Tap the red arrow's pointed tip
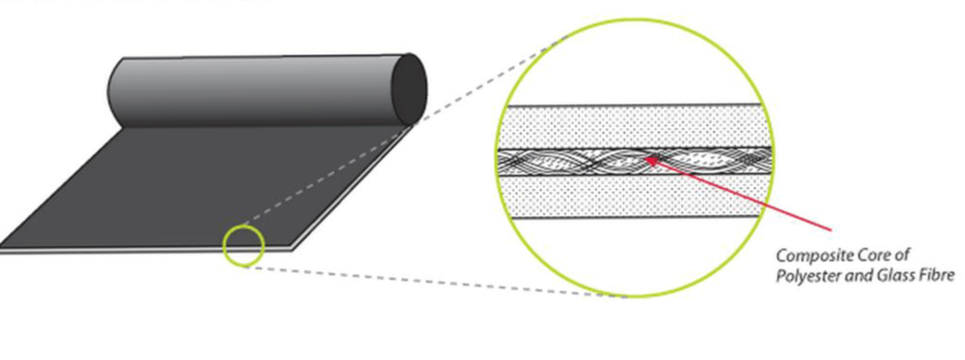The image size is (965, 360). pyautogui.click(x=646, y=158)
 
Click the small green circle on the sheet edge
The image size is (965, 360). pyautogui.click(x=243, y=245)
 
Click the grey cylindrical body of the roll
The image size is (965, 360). pyautogui.click(x=252, y=91)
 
